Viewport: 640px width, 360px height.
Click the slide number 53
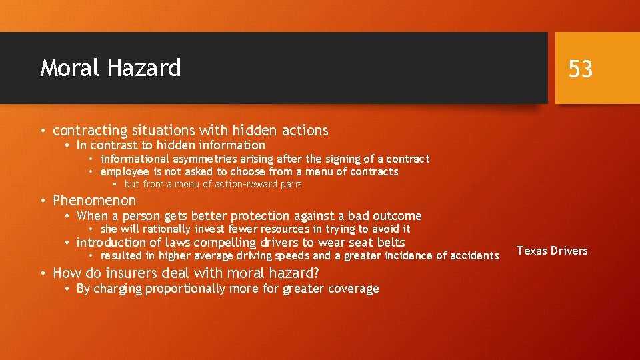(580, 69)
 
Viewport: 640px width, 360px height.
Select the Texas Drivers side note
(552, 251)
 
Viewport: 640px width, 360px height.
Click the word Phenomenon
(94, 200)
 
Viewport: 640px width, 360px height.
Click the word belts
(391, 243)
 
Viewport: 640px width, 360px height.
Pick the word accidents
(473, 256)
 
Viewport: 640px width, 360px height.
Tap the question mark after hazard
(316, 273)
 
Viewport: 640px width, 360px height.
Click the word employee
(125, 172)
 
